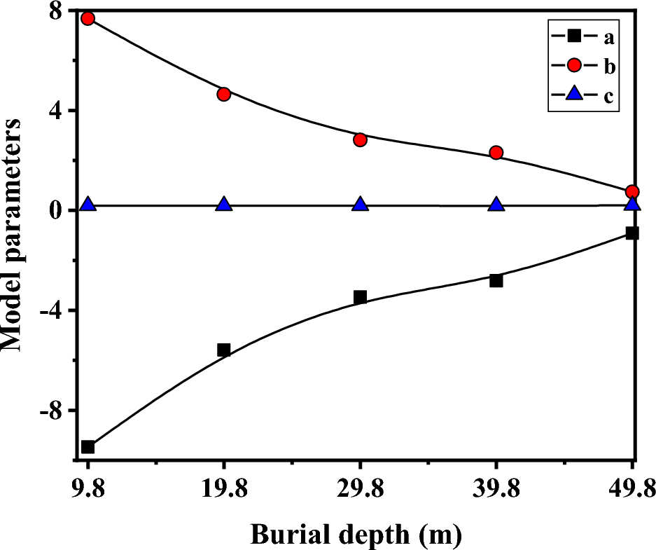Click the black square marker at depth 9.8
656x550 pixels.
[88, 447]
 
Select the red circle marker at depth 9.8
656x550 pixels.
[88, 18]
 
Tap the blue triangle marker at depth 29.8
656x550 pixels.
[360, 205]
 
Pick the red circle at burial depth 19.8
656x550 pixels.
[224, 94]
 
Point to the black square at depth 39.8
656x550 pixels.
[496, 280]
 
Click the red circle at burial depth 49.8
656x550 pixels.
[632, 192]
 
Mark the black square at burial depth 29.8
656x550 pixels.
[360, 297]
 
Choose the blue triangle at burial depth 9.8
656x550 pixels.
[88, 205]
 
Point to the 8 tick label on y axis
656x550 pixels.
[55, 12]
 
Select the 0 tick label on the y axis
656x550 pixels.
[55, 211]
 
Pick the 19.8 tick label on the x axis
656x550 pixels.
[224, 488]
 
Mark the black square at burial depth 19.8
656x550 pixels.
[224, 350]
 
